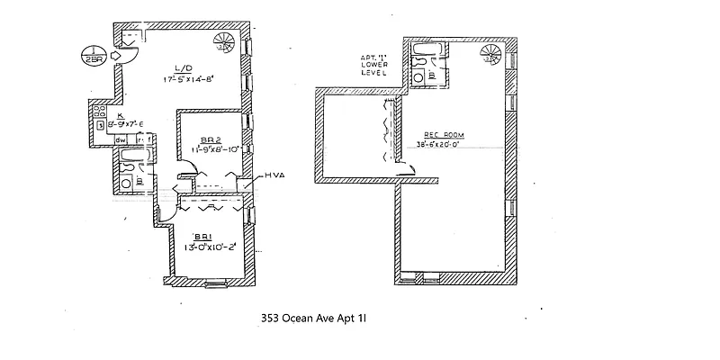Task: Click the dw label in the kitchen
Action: coord(120,139)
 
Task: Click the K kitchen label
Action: coord(120,116)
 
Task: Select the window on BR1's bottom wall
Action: coord(217,283)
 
